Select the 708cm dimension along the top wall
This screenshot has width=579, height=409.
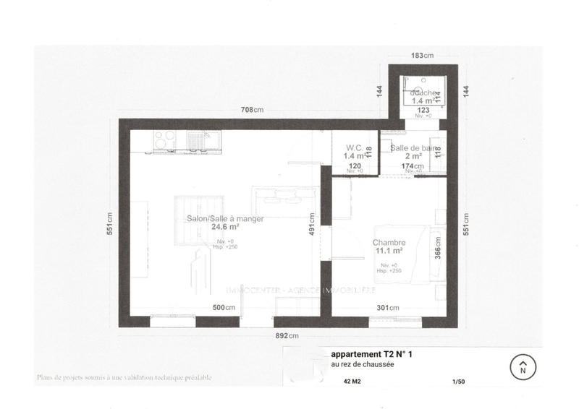click(x=253, y=110)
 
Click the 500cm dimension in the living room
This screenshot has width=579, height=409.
click(x=225, y=309)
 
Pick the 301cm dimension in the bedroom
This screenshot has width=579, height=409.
click(x=388, y=309)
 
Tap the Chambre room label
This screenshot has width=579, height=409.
click(x=389, y=243)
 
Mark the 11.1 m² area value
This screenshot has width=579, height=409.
click(x=389, y=251)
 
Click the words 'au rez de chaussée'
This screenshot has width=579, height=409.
click(x=363, y=365)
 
